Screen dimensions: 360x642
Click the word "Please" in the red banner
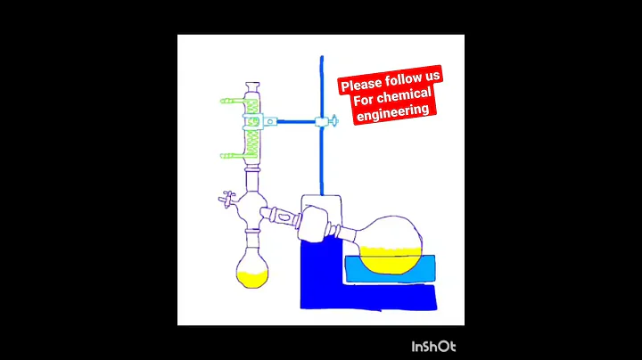(x=360, y=86)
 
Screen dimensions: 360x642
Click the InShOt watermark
(x=433, y=346)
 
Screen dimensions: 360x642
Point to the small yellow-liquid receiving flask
(x=252, y=268)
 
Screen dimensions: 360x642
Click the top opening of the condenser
(x=252, y=86)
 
